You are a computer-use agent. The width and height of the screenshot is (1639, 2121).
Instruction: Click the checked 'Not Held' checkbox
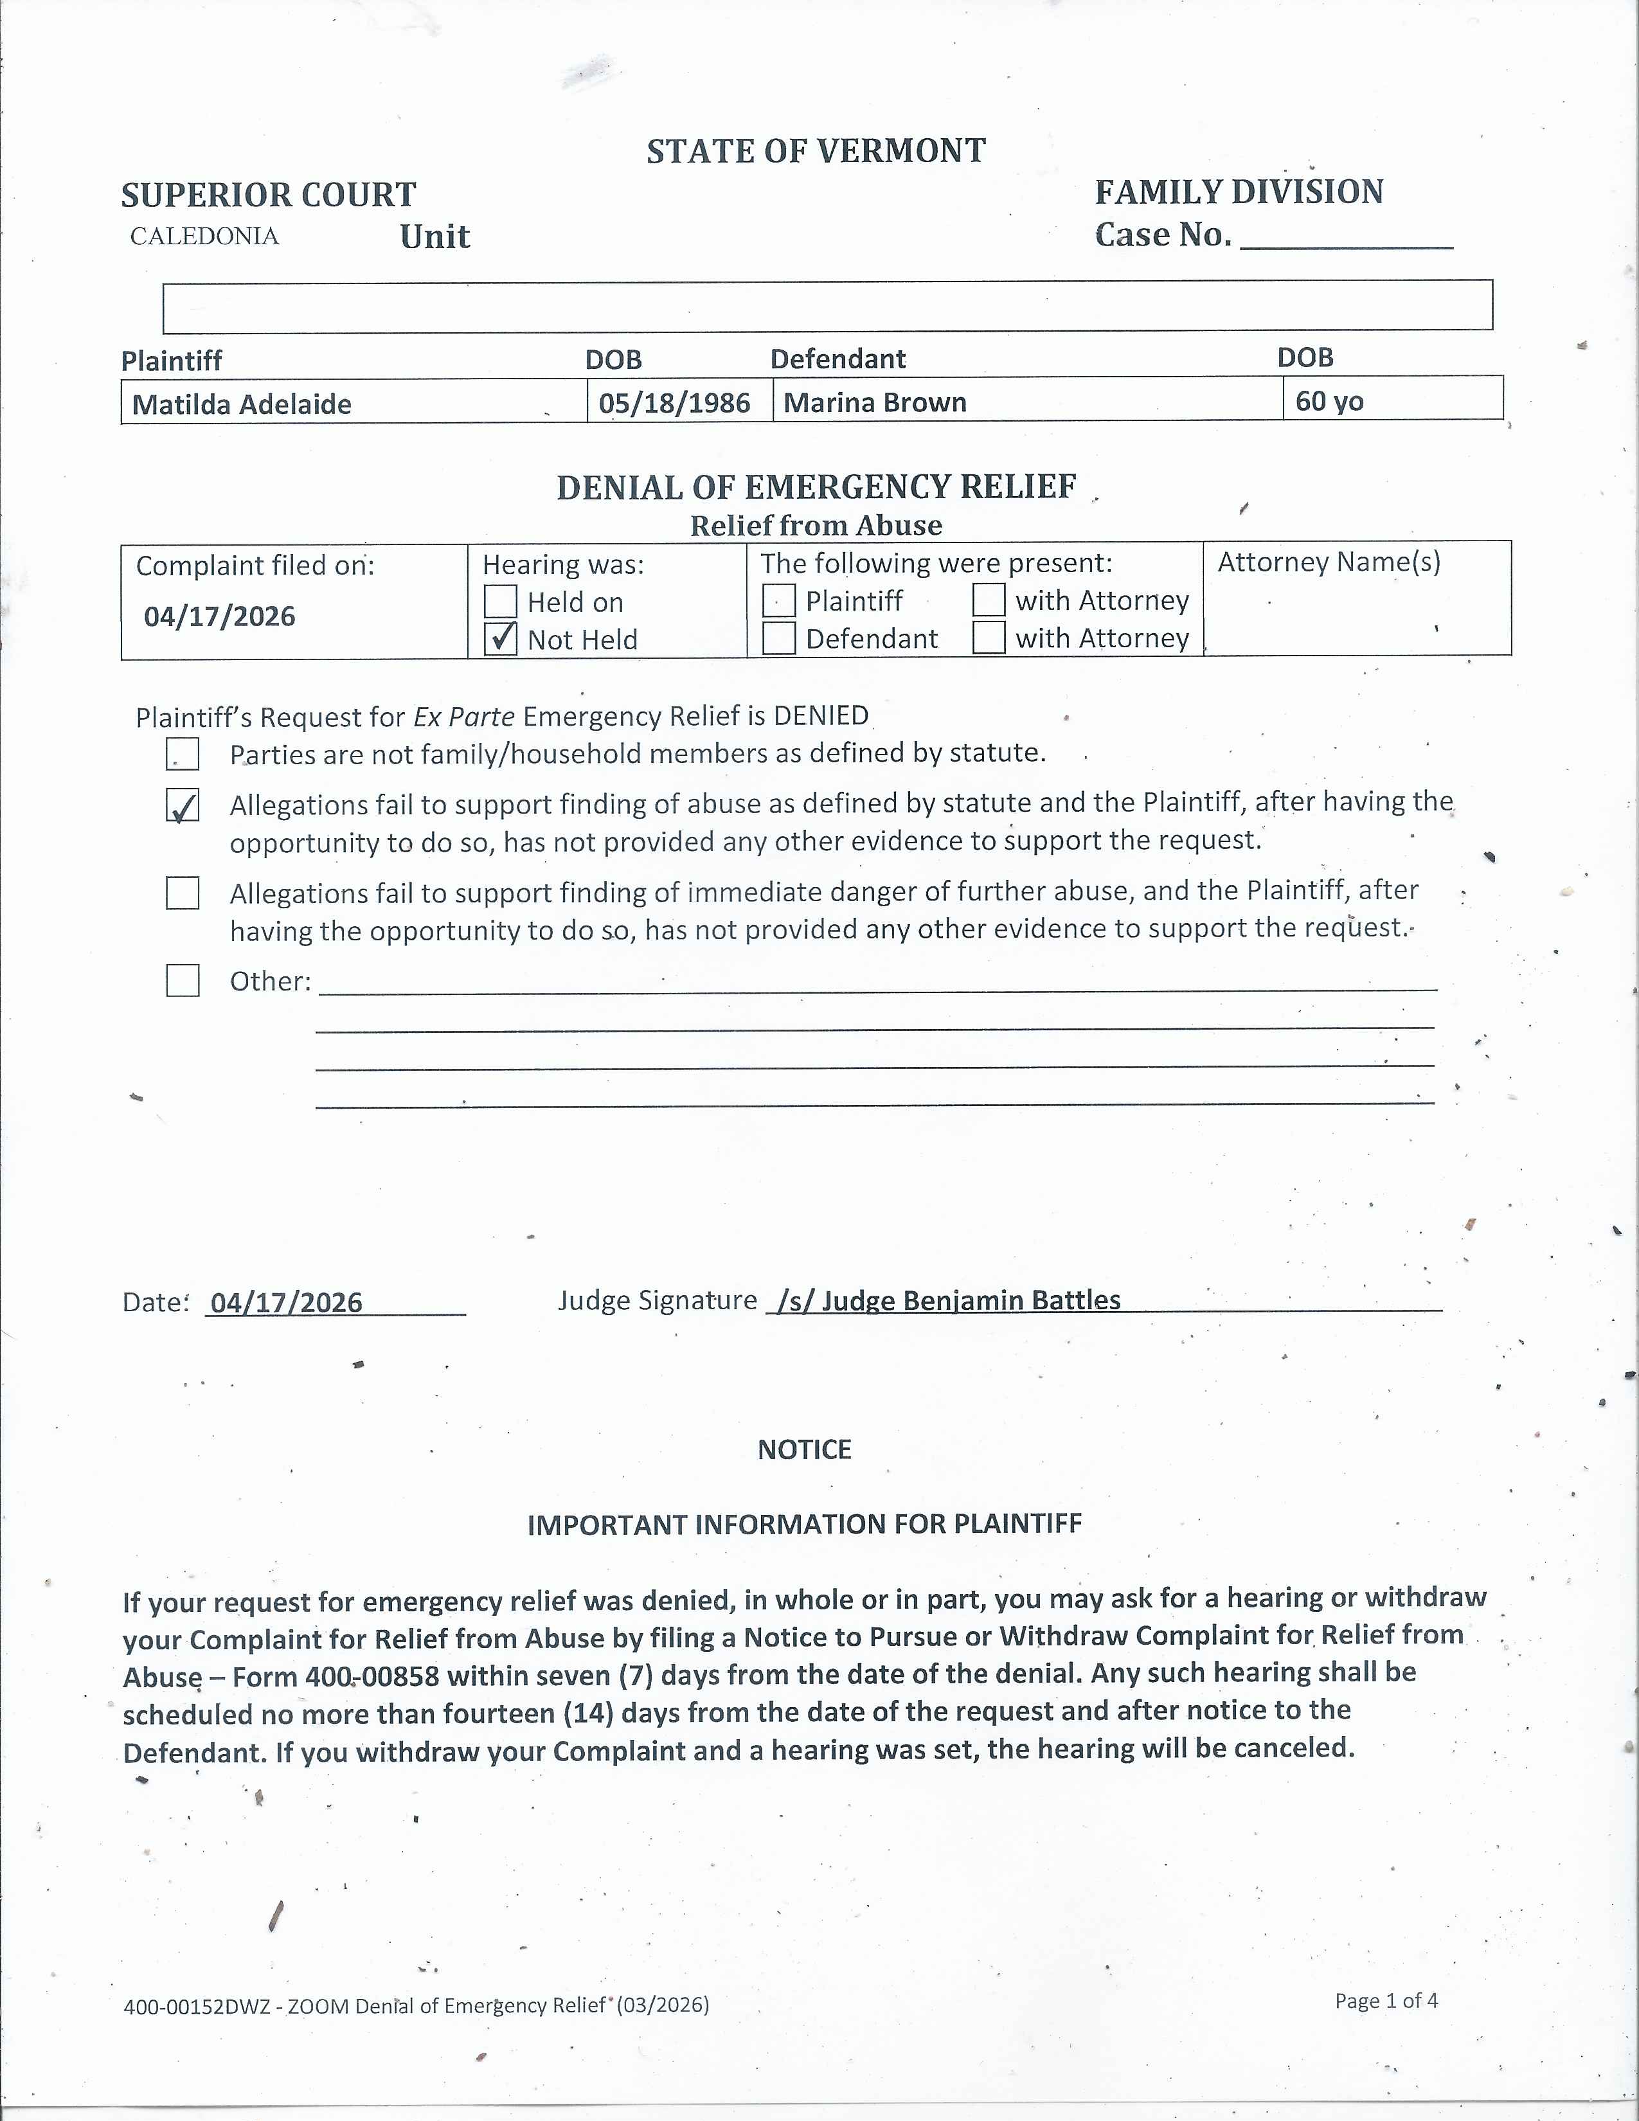tap(500, 638)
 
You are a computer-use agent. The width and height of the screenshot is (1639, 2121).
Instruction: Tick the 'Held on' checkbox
tap(500, 601)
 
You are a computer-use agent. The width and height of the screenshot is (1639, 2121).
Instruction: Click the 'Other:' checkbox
tap(183, 980)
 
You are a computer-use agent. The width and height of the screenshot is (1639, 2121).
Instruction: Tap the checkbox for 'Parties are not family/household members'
tap(183, 754)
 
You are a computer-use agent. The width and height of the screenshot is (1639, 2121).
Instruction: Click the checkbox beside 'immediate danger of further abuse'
tap(183, 893)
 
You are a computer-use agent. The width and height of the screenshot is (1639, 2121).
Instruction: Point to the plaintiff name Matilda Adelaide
tap(242, 404)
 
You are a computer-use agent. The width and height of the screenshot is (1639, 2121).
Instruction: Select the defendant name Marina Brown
tap(875, 402)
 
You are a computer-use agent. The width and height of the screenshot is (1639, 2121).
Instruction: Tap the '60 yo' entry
tap(1329, 401)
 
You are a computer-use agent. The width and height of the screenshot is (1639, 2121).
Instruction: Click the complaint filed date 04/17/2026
tap(219, 616)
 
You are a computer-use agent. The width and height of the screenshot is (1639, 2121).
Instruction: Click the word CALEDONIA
tap(204, 236)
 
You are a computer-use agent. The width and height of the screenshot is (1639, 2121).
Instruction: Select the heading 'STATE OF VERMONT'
tap(816, 152)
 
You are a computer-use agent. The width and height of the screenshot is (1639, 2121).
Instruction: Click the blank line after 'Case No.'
tap(1346, 238)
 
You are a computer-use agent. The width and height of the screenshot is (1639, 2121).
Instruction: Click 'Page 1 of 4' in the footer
tap(1386, 2000)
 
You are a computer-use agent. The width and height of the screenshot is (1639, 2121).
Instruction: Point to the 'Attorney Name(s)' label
tap(1329, 561)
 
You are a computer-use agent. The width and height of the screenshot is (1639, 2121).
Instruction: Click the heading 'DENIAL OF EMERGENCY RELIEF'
tap(816, 487)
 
